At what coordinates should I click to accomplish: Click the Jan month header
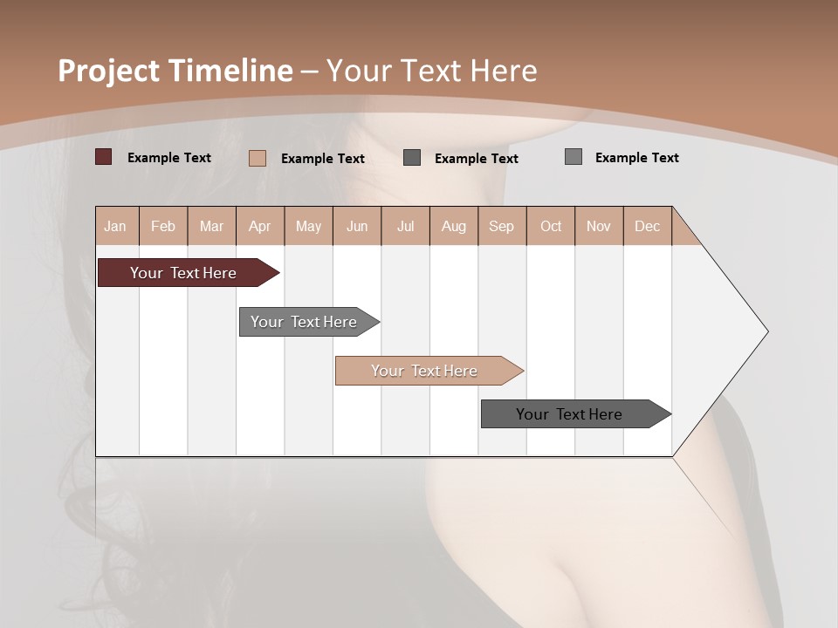[115, 226]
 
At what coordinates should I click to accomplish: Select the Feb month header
[163, 226]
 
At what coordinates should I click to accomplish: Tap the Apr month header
[259, 226]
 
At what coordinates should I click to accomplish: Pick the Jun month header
[357, 226]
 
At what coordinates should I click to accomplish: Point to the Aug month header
[453, 226]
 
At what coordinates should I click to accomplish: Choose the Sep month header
[501, 226]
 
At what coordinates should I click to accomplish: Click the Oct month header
[551, 226]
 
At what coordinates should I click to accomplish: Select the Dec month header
[647, 226]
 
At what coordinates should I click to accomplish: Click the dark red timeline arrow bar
[183, 273]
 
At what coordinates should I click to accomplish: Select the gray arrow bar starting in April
[304, 322]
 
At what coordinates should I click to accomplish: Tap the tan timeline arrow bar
[424, 371]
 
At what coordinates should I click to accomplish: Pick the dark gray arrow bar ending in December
[569, 414]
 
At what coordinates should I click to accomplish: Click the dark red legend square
[104, 157]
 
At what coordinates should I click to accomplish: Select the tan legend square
[258, 158]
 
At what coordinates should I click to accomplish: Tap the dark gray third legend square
[412, 157]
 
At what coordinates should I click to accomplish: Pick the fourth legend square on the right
[574, 157]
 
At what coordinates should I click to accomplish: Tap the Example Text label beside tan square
[323, 159]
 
